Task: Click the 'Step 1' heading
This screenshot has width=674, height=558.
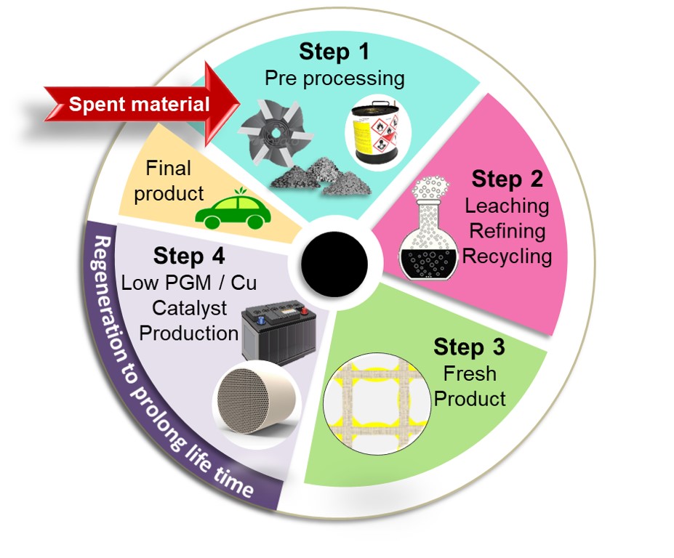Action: point(334,52)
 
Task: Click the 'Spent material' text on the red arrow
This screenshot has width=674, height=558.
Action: point(139,105)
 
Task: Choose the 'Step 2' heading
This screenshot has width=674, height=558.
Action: point(507,179)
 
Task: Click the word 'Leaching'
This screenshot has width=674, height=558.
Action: point(507,206)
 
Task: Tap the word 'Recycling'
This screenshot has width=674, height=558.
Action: point(507,256)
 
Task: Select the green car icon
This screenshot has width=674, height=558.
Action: point(232,211)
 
